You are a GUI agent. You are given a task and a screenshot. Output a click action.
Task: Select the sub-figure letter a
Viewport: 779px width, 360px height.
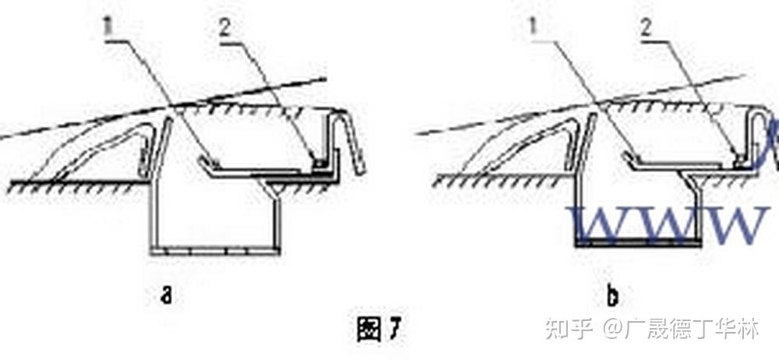[x=166, y=295]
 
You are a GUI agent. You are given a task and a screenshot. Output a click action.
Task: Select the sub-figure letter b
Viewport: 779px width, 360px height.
[x=612, y=296]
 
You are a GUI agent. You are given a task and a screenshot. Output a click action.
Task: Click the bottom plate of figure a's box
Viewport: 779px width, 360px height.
[x=215, y=251]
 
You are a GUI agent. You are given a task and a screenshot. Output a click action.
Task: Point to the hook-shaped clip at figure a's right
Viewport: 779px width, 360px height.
[x=352, y=140]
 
